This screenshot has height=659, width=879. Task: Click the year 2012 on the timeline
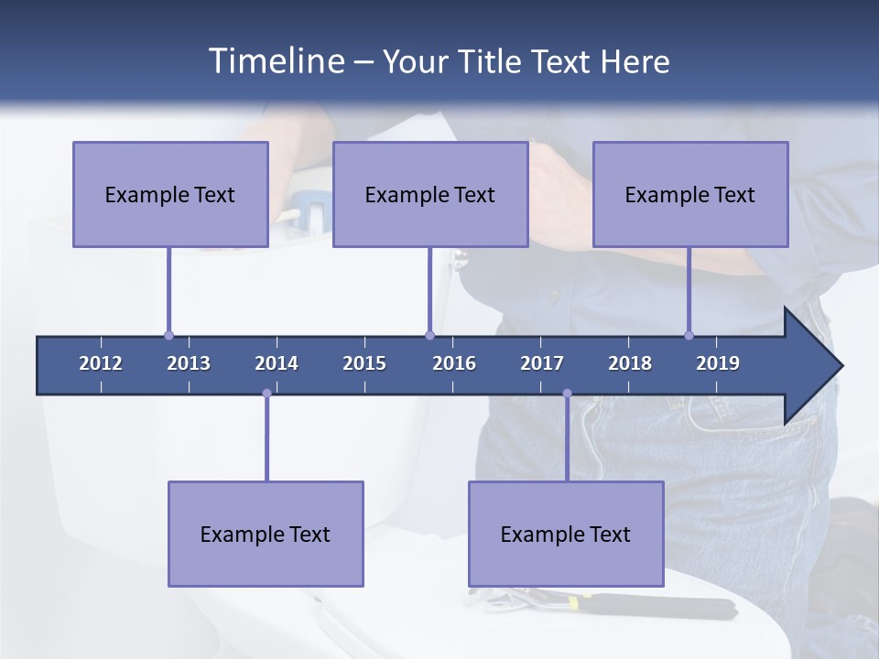pyautogui.click(x=101, y=363)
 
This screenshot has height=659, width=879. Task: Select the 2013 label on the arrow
pyautogui.click(x=189, y=363)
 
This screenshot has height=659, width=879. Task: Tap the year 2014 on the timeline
pyautogui.click(x=277, y=363)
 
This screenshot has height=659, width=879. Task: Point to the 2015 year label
pyautogui.click(x=364, y=363)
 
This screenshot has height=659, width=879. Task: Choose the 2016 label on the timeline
pyautogui.click(x=454, y=363)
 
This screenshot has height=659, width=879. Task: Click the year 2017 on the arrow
pyautogui.click(x=542, y=363)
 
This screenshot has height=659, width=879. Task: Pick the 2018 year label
pyautogui.click(x=630, y=363)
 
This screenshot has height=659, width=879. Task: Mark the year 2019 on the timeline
pyautogui.click(x=718, y=363)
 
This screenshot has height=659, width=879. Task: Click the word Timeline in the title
pyautogui.click(x=276, y=61)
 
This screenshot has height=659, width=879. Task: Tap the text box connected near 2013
pyautogui.click(x=170, y=194)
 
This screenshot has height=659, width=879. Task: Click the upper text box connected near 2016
pyautogui.click(x=430, y=194)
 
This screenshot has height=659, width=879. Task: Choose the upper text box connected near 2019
pyautogui.click(x=690, y=194)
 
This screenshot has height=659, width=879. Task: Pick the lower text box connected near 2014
pyautogui.click(x=266, y=534)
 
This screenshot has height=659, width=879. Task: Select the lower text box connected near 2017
pyautogui.click(x=566, y=534)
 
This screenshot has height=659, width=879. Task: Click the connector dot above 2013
pyautogui.click(x=168, y=335)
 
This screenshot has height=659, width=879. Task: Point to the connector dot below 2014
pyautogui.click(x=266, y=394)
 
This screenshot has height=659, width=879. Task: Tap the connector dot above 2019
pyautogui.click(x=689, y=335)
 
